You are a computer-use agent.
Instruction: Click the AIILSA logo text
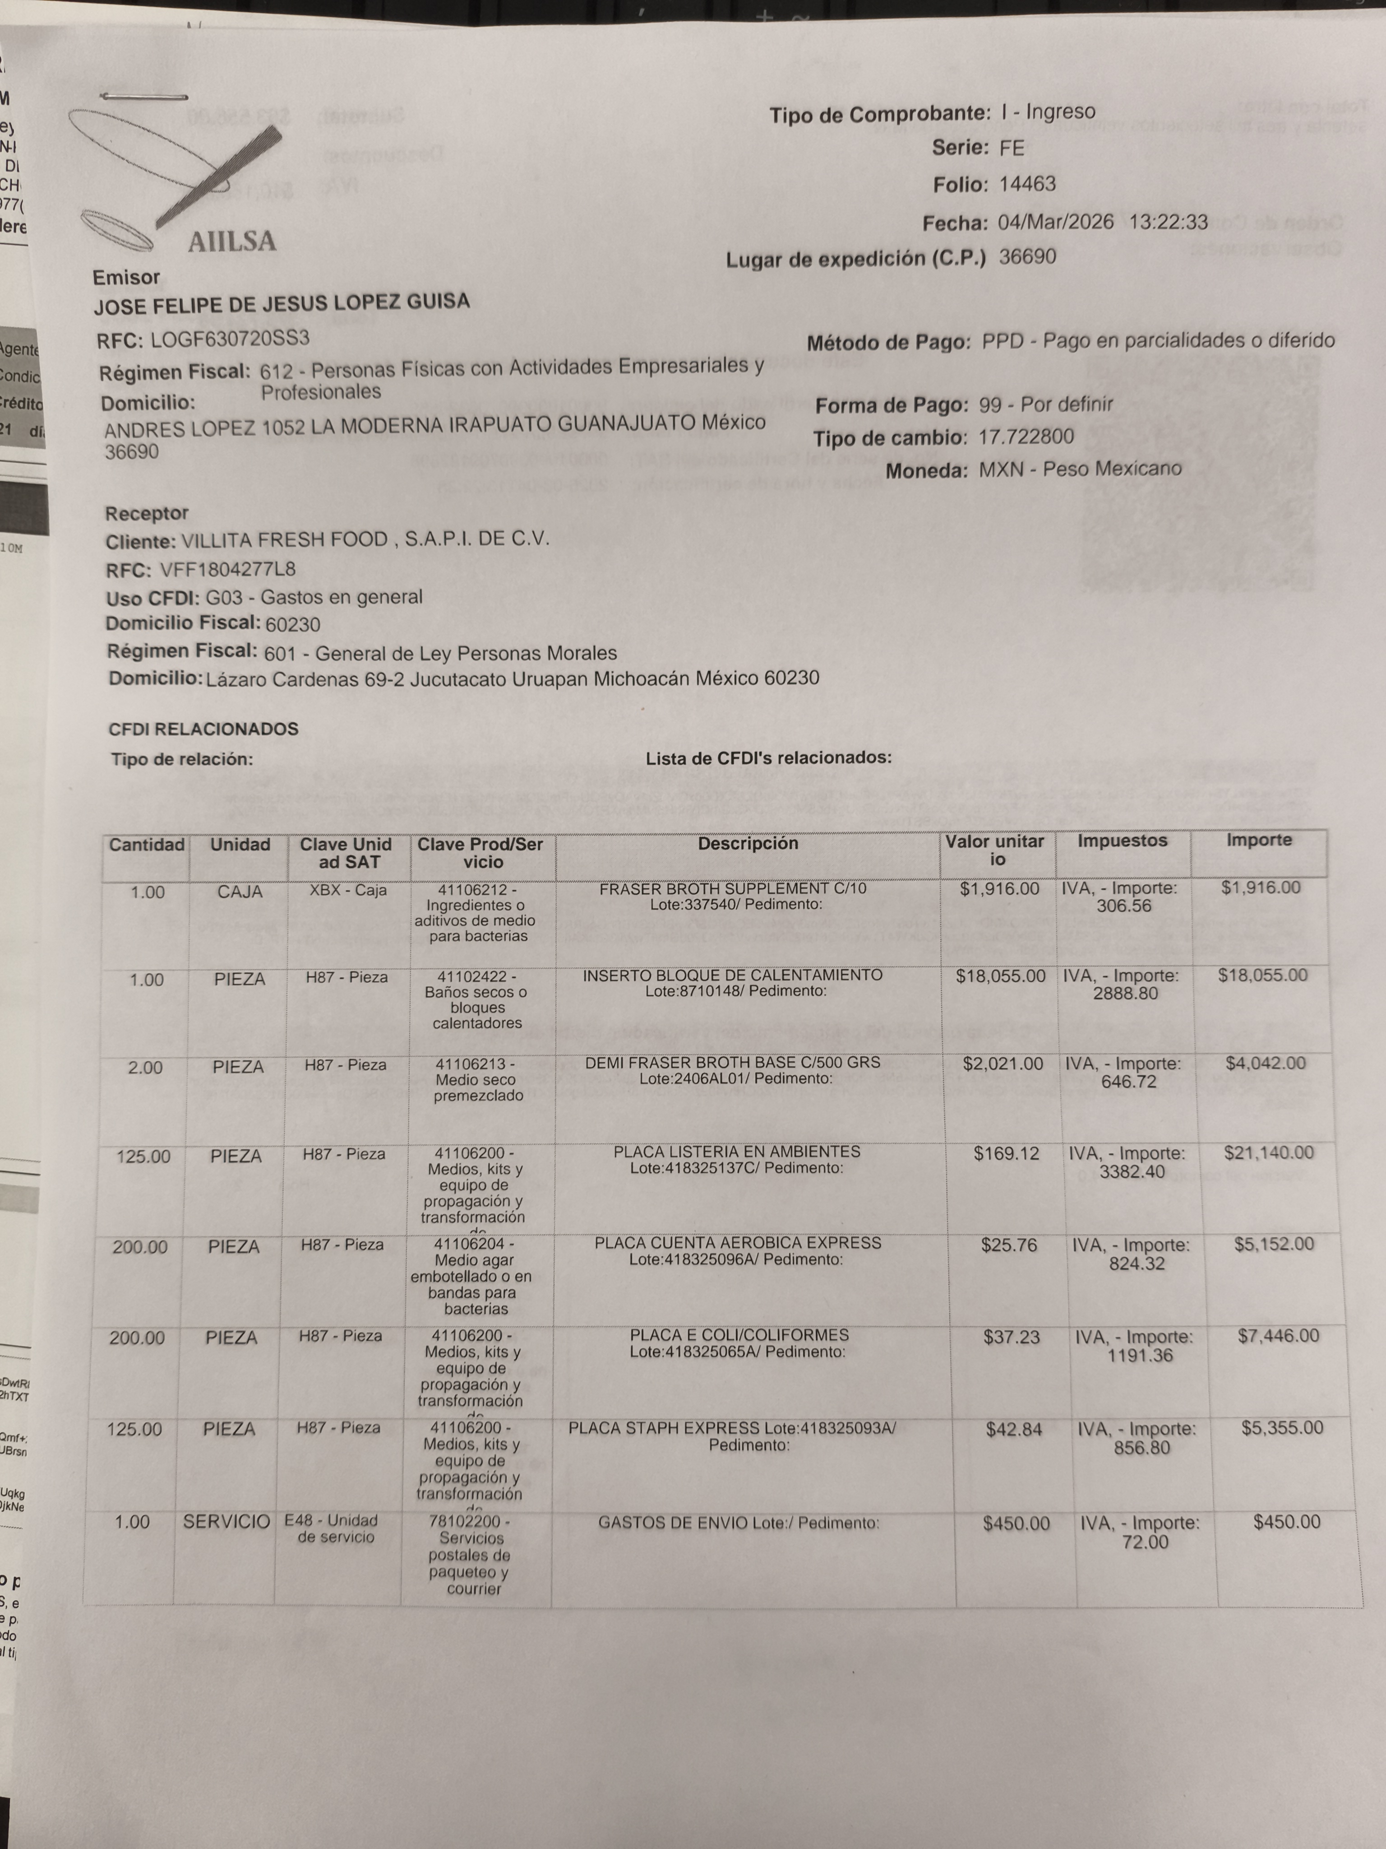point(231,242)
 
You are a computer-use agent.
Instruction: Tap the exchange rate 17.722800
point(1026,437)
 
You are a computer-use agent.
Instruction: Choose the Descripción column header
point(748,843)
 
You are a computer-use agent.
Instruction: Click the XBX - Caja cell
point(347,890)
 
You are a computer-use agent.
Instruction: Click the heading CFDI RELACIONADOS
point(203,729)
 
